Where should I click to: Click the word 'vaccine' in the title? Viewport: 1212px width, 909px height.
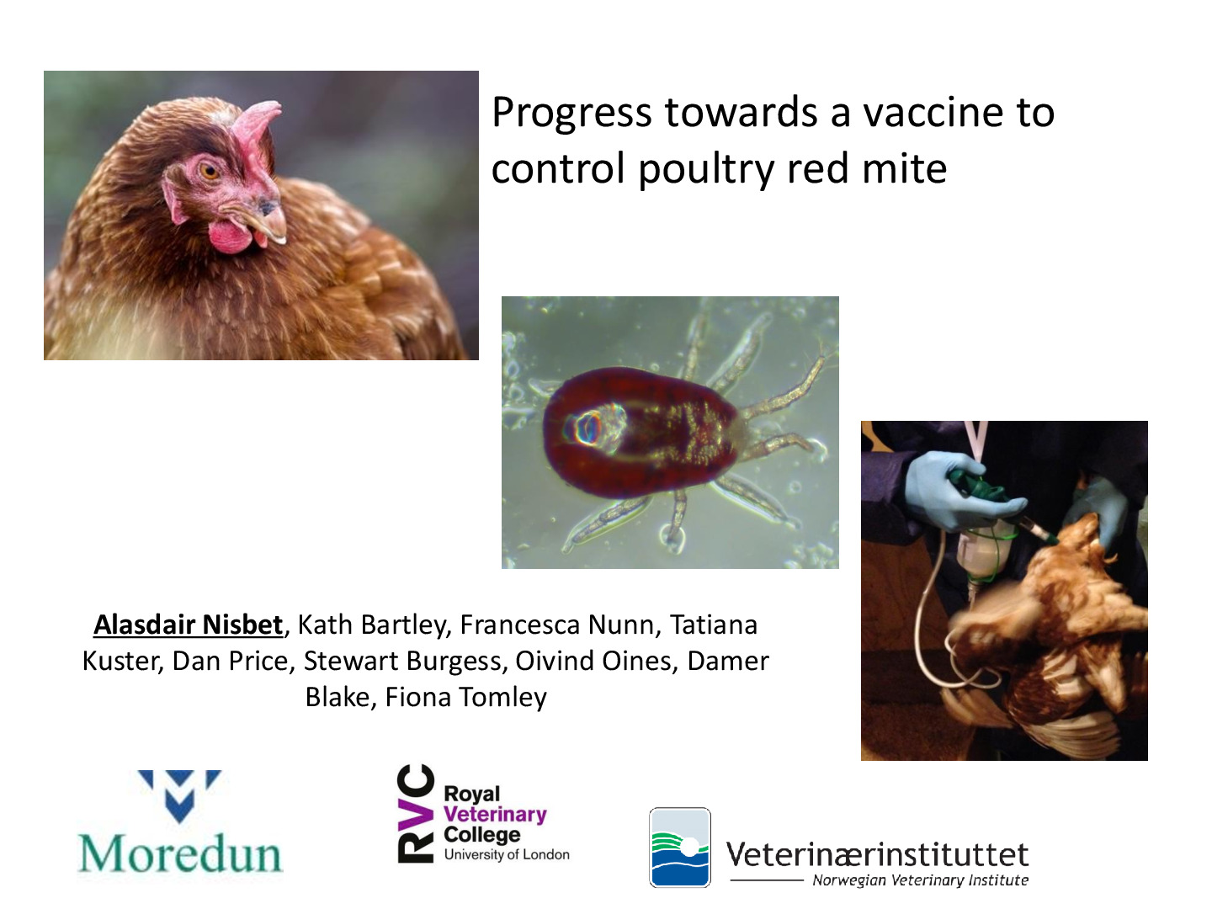click(933, 112)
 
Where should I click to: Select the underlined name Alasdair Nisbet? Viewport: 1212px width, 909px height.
click(189, 625)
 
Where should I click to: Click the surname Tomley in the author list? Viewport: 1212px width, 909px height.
click(503, 697)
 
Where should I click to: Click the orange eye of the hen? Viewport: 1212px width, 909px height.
click(210, 171)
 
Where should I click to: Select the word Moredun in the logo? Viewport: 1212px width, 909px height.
click(180, 853)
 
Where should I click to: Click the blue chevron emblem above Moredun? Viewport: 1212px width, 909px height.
click(179, 795)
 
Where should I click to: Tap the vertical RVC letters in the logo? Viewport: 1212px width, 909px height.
click(415, 814)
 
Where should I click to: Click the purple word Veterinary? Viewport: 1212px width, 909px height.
click(495, 815)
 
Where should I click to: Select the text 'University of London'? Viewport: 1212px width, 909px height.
click(507, 854)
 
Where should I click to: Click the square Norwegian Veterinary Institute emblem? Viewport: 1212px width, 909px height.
click(680, 848)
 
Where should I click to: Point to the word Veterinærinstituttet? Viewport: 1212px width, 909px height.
click(877, 854)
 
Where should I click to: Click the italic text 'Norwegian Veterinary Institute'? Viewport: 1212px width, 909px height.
click(921, 880)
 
